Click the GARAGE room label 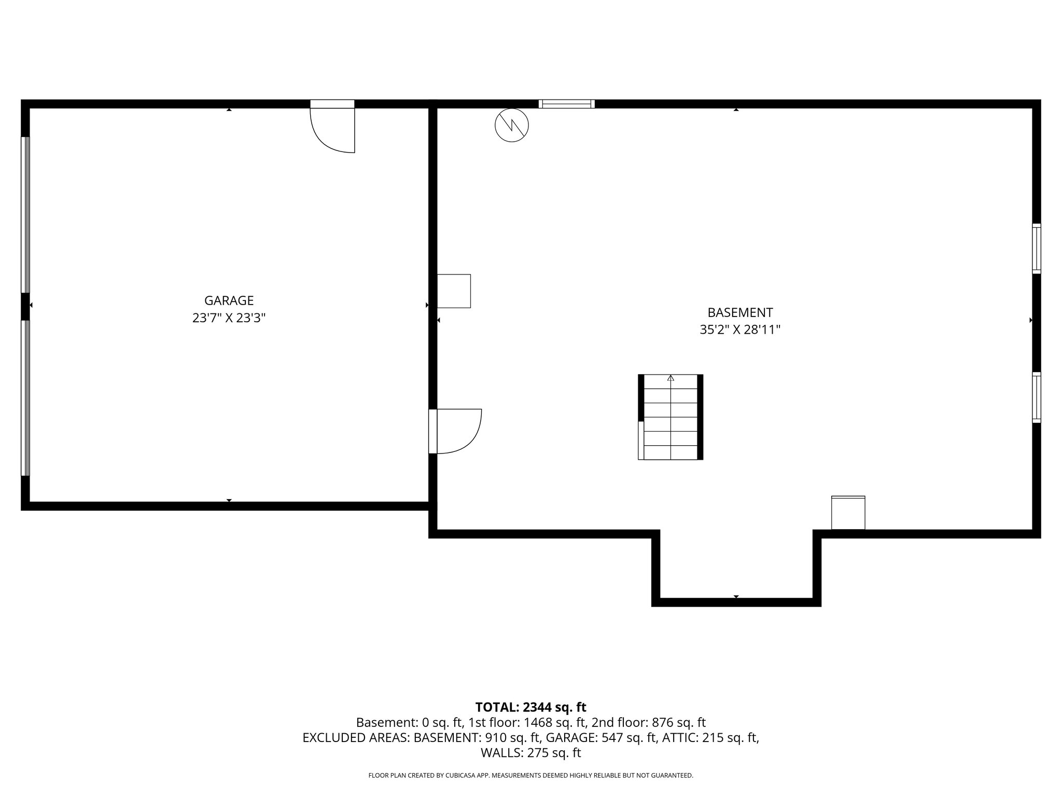tap(229, 300)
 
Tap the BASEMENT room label tap(740, 312)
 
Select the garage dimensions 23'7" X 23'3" tap(229, 318)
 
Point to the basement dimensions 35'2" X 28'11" tap(740, 330)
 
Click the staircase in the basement tap(670, 417)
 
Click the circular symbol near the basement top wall tap(512, 126)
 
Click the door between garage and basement tap(456, 431)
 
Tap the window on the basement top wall tap(566, 104)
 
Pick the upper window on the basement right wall tap(1036, 249)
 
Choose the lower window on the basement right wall tap(1036, 397)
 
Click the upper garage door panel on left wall tap(25, 215)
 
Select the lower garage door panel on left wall tap(25, 398)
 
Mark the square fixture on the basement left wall tap(454, 291)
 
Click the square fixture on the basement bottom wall tap(848, 513)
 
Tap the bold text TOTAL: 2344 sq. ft tap(530, 707)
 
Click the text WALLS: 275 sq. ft tap(530, 753)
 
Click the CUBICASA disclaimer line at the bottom tap(530, 776)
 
